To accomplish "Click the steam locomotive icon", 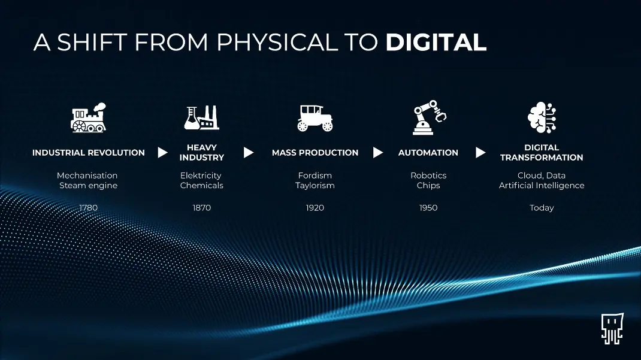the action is pos(88,117).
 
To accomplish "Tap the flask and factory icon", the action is pos(201,117).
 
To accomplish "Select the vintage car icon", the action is pos(315,118).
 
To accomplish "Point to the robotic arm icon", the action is pos(429,117).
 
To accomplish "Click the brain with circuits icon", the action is pos(542,117).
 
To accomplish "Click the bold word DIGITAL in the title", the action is pos(436,42).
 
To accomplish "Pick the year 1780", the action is pos(88,208).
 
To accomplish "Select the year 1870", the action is pos(201,208).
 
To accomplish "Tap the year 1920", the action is pos(315,208).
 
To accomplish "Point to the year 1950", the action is pos(428,208).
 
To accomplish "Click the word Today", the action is pos(542,208).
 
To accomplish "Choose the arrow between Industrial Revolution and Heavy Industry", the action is pos(163,152).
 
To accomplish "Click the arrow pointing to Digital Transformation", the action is pos(480,152).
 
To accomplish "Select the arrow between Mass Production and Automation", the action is pos(378,152).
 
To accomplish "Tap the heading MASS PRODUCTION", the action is pos(315,152).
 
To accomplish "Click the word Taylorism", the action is pos(315,186).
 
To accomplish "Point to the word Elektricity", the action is pos(201,176).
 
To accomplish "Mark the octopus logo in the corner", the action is pos(612,328).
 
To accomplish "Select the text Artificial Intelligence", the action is pos(542,186).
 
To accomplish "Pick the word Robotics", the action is pos(428,176).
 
